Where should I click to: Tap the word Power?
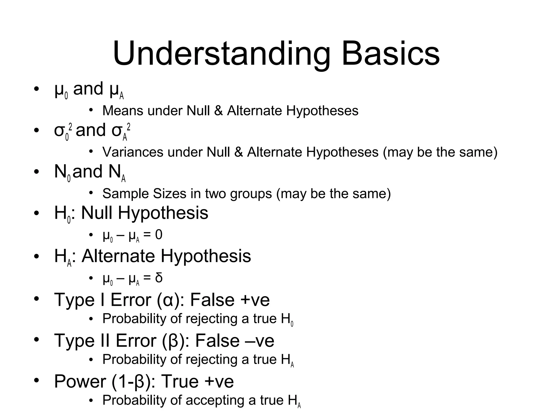(80, 381)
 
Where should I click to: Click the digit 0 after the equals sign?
(159, 235)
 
